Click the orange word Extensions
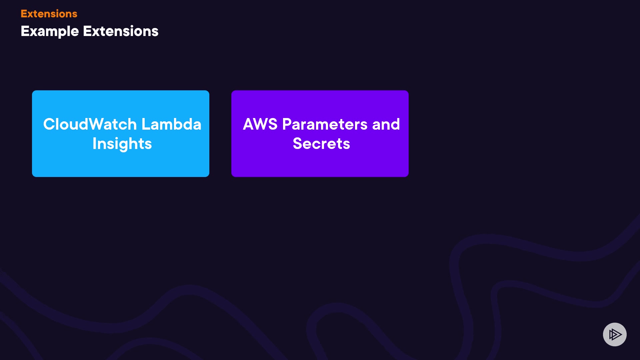[x=49, y=14]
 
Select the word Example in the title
[x=50, y=31]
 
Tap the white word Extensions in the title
[x=120, y=31]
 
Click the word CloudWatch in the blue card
[x=90, y=124]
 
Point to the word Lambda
[x=171, y=124]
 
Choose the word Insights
[x=122, y=144]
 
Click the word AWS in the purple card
[x=260, y=124]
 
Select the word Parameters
[x=325, y=124]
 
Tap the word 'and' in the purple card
[x=386, y=124]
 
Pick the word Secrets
[x=321, y=144]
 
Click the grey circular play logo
[x=615, y=334]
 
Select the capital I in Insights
[x=94, y=144]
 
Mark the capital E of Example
[x=24, y=31]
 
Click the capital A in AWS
[x=249, y=124]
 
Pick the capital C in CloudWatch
[x=49, y=124]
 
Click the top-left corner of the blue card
[x=33, y=91]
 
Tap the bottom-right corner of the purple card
[x=408, y=176]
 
